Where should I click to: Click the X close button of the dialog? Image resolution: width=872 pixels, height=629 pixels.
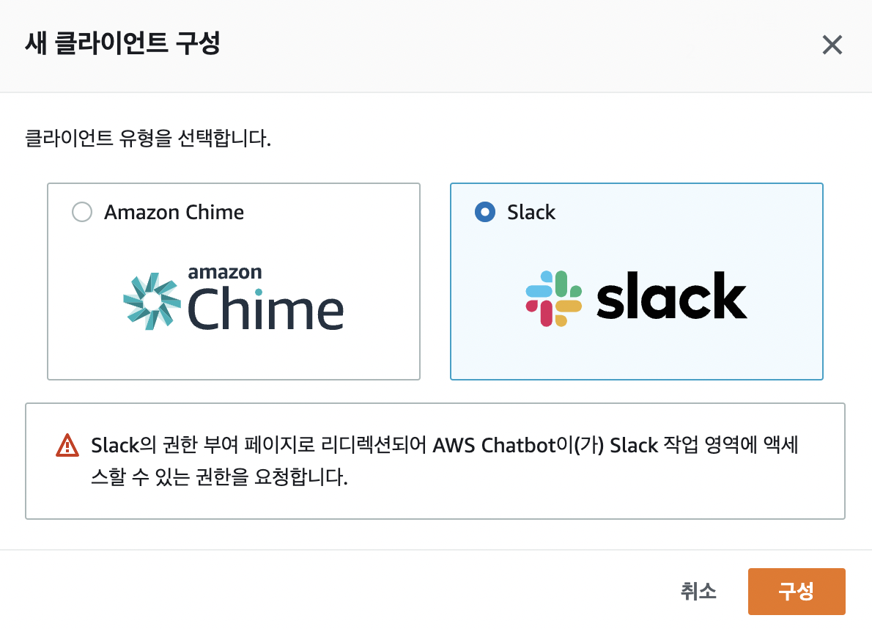pyautogui.click(x=832, y=45)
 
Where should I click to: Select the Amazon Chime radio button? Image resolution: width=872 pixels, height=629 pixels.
pyautogui.click(x=82, y=213)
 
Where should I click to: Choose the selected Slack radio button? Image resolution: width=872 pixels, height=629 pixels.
pyautogui.click(x=485, y=213)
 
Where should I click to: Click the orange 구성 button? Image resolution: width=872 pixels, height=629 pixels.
pyautogui.click(x=796, y=592)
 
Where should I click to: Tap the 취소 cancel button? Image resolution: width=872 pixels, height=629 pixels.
pyautogui.click(x=698, y=592)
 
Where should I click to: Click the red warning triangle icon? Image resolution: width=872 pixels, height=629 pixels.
pyautogui.click(x=67, y=445)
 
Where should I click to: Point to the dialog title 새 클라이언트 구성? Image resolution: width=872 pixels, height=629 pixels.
pyautogui.click(x=123, y=44)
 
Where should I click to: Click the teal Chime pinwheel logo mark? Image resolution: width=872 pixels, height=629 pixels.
pyautogui.click(x=151, y=301)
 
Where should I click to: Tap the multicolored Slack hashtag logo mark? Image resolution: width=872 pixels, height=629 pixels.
pyautogui.click(x=554, y=298)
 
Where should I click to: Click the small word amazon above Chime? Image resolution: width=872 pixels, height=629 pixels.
pyautogui.click(x=225, y=272)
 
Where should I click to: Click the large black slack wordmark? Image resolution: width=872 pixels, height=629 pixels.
pyautogui.click(x=671, y=297)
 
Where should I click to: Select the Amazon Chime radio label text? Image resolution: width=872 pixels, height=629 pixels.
pyautogui.click(x=174, y=213)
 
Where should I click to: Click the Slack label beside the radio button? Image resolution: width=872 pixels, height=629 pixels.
pyautogui.click(x=531, y=213)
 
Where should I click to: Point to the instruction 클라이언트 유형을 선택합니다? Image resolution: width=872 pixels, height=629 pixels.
pyautogui.click(x=148, y=138)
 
